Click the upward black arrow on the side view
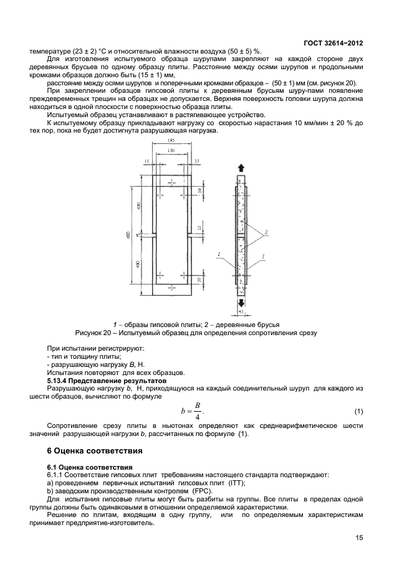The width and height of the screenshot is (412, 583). (x=241, y=168)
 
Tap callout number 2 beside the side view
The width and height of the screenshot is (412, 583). (x=266, y=232)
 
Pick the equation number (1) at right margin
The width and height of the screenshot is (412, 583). (x=358, y=412)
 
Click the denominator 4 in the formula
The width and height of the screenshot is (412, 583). (x=196, y=417)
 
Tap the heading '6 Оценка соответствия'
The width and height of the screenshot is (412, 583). (x=95, y=450)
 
